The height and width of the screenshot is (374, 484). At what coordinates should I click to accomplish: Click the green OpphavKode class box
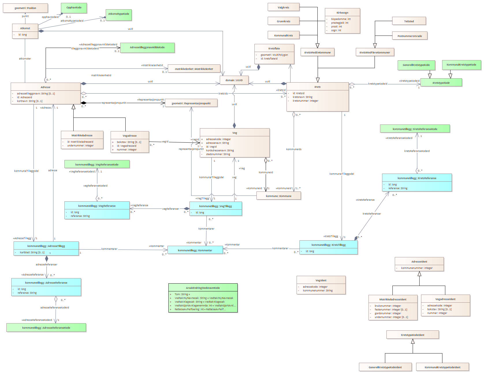(x=74, y=8)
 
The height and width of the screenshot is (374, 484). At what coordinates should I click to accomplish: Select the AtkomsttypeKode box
(x=119, y=14)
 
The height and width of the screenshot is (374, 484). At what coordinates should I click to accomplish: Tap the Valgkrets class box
(x=283, y=8)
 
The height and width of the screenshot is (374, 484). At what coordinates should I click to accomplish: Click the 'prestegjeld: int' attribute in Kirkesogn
(x=340, y=23)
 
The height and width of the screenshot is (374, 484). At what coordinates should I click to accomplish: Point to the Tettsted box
(x=409, y=21)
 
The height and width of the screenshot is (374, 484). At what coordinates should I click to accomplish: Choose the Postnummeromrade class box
(x=409, y=36)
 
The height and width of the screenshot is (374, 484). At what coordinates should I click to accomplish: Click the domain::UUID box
(x=234, y=80)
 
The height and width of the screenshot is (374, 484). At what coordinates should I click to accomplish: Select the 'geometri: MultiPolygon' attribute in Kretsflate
(x=274, y=55)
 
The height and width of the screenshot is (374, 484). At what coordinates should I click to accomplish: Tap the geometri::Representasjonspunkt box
(x=191, y=103)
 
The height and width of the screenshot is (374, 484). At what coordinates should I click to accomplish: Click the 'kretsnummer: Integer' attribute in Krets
(x=305, y=101)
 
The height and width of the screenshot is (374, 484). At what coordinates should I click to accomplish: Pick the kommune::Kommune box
(x=279, y=196)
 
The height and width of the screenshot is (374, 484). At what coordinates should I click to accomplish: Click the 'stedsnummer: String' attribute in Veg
(x=218, y=154)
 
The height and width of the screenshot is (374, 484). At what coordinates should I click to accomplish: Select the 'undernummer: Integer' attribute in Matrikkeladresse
(x=80, y=146)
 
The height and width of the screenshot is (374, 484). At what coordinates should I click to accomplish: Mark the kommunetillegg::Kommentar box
(x=195, y=250)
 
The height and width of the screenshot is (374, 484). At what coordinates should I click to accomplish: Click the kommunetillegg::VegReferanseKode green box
(x=97, y=165)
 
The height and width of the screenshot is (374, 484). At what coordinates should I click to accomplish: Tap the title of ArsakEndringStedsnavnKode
(x=203, y=288)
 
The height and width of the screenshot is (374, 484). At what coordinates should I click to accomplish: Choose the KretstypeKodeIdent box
(x=412, y=335)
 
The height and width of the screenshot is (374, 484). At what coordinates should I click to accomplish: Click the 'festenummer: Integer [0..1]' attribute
(x=391, y=310)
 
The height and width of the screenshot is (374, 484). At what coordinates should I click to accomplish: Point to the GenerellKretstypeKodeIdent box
(x=385, y=367)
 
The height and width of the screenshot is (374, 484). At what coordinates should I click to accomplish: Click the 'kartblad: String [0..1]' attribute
(x=32, y=252)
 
